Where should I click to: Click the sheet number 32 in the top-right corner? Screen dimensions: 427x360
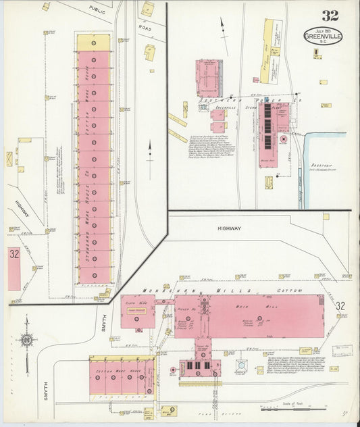click(x=330, y=16)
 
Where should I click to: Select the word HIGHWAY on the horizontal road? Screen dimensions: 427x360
click(x=229, y=228)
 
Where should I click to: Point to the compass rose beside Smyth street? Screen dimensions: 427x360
click(x=26, y=341)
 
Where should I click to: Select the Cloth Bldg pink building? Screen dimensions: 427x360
click(x=137, y=311)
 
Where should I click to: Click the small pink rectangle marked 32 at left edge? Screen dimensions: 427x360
click(x=14, y=268)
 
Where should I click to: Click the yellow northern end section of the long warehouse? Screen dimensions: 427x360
click(x=93, y=42)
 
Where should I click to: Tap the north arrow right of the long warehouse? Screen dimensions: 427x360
click(x=149, y=150)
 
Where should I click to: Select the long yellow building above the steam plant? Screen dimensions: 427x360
click(x=268, y=51)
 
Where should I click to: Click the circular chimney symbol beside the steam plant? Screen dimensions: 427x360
click(x=284, y=140)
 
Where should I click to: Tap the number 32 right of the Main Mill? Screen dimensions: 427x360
click(x=340, y=306)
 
